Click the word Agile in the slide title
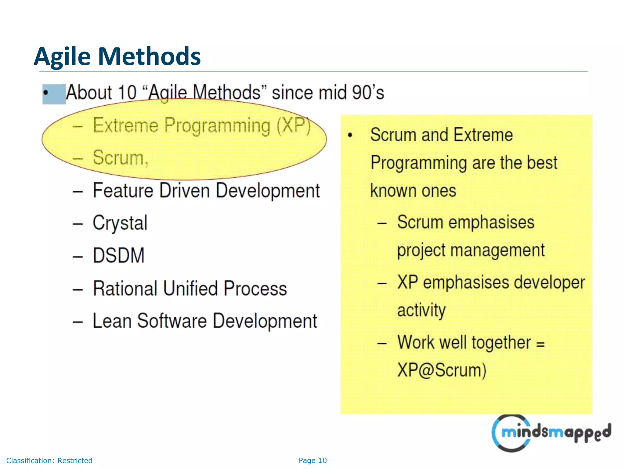pyautogui.click(x=62, y=56)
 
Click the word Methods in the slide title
pyautogui.click(x=149, y=56)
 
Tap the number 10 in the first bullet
pyautogui.click(x=127, y=93)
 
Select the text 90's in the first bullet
pyautogui.click(x=367, y=93)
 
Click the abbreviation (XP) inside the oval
pyautogui.click(x=294, y=125)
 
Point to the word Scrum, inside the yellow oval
pyautogui.click(x=121, y=158)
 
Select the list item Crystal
pyautogui.click(x=120, y=223)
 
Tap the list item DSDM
pyautogui.click(x=118, y=256)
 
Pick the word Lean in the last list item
pyautogui.click(x=112, y=321)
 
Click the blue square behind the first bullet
pyautogui.click(x=54, y=94)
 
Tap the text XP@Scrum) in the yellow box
pyautogui.click(x=441, y=370)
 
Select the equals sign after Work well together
pyautogui.click(x=540, y=344)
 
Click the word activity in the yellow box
pyautogui.click(x=421, y=311)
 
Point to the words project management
pyautogui.click(x=471, y=251)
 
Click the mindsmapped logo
pyautogui.click(x=551, y=433)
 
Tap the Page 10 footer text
pyautogui.click(x=312, y=460)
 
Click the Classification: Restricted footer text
pyautogui.click(x=49, y=460)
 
